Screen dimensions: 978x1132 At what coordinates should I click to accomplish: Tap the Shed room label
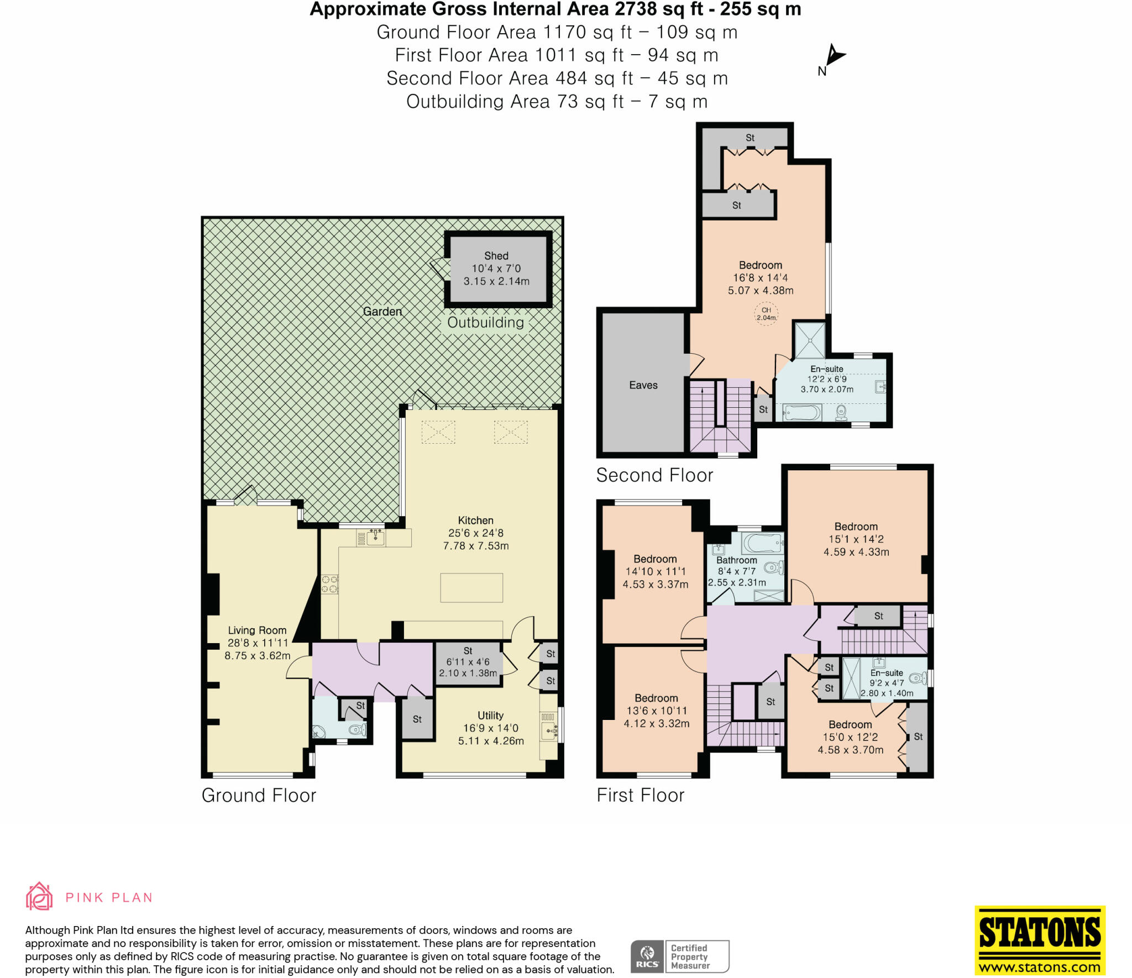(496, 256)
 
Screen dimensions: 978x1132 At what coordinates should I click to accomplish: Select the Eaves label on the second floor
(643, 385)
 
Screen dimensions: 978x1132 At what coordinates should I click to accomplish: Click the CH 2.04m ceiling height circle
(766, 314)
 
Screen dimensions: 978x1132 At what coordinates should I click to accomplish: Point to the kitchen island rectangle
(471, 587)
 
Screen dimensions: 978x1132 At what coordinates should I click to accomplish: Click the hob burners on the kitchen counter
(329, 585)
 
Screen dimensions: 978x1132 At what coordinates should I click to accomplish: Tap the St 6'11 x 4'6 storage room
(468, 662)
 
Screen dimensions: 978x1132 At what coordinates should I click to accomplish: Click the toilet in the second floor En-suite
(841, 412)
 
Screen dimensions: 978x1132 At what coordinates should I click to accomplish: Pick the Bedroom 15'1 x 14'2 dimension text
(856, 539)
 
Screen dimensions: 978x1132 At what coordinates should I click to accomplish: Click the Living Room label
(257, 630)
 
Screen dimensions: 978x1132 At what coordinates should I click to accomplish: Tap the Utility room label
(490, 716)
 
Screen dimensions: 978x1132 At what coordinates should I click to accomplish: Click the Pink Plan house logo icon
(39, 896)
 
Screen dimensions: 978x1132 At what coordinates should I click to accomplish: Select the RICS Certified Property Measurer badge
(679, 956)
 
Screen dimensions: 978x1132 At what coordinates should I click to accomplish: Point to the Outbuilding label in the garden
(485, 323)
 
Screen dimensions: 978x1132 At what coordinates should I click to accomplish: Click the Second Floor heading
(654, 475)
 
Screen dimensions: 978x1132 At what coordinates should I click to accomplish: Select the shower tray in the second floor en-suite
(810, 339)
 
